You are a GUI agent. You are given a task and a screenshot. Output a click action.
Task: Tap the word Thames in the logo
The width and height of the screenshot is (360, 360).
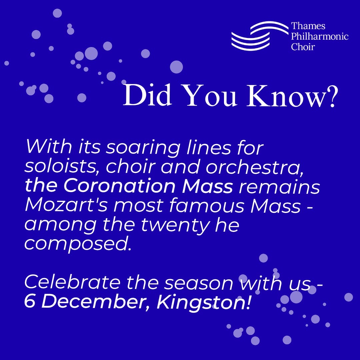click(x=308, y=26)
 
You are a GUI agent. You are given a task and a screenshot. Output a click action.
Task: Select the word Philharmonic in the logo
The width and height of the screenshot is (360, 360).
click(x=320, y=36)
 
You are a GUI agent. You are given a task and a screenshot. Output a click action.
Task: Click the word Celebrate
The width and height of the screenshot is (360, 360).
click(x=72, y=283)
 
